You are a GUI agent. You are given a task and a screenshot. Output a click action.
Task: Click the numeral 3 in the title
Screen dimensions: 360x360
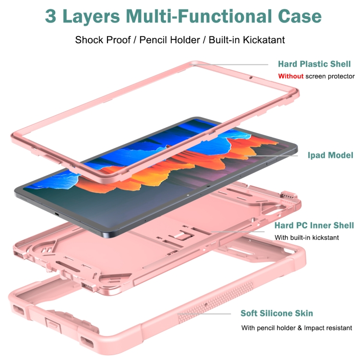[x=51, y=16]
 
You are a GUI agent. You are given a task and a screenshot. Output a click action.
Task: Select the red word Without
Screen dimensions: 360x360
[x=291, y=76]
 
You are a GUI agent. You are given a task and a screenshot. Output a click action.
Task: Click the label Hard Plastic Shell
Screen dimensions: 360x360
[x=314, y=64]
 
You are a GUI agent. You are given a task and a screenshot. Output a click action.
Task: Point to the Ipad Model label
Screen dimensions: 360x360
[x=330, y=155]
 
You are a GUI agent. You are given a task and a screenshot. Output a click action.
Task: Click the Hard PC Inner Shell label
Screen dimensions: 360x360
[x=314, y=225]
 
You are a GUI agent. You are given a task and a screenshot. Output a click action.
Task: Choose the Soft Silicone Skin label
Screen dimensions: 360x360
[x=276, y=313]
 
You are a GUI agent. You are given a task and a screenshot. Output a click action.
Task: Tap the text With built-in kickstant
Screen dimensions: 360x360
[x=307, y=237]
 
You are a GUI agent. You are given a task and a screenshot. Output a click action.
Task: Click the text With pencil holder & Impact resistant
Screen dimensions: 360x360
[x=297, y=328]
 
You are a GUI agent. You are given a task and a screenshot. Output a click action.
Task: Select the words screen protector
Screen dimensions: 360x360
[x=330, y=76]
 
